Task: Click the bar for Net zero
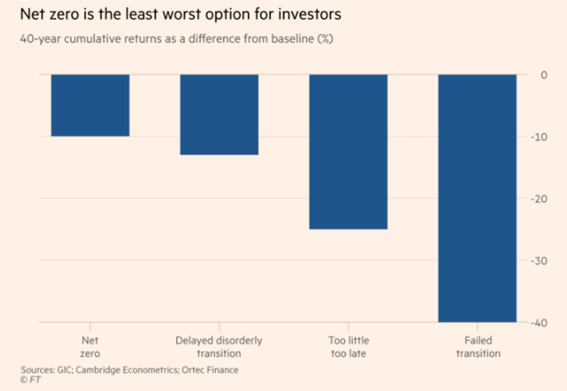pyautogui.click(x=90, y=105)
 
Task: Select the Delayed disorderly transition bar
pyautogui.click(x=219, y=114)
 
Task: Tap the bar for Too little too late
pyautogui.click(x=348, y=152)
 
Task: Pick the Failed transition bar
pyautogui.click(x=477, y=198)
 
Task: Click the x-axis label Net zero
pyautogui.click(x=90, y=347)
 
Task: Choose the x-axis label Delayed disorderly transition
pyautogui.click(x=219, y=347)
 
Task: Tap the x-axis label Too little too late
pyautogui.click(x=348, y=347)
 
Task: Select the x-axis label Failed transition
pyautogui.click(x=478, y=347)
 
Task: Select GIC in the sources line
pyautogui.click(x=71, y=370)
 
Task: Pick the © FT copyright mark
pyautogui.click(x=31, y=380)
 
